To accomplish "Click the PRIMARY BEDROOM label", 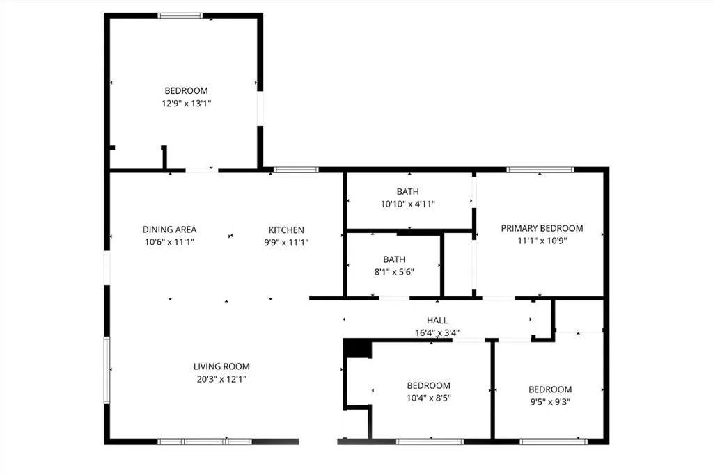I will pos(542,228).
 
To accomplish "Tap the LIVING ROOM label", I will pos(221,367).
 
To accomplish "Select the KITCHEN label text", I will pos(286,230).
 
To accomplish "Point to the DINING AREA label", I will pos(169,230).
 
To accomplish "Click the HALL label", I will pos(437,321).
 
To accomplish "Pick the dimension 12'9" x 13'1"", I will pos(186,103).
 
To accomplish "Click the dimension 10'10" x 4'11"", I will pos(407,204).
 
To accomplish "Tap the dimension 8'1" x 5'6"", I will pos(393,272).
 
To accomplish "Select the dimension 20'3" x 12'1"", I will pos(221,379).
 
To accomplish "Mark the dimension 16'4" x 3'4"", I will pos(437,332).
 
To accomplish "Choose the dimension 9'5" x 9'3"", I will pos(550,402).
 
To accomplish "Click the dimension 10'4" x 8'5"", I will pos(428,398).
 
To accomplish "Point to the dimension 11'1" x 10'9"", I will pos(542,241).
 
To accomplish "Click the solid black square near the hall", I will pos(358,348).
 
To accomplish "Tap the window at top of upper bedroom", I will pos(180,15).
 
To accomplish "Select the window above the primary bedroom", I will pos(540,169).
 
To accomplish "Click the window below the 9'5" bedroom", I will pos(554,441).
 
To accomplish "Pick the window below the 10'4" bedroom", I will pos(430,441).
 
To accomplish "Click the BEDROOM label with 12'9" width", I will pos(186,90).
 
